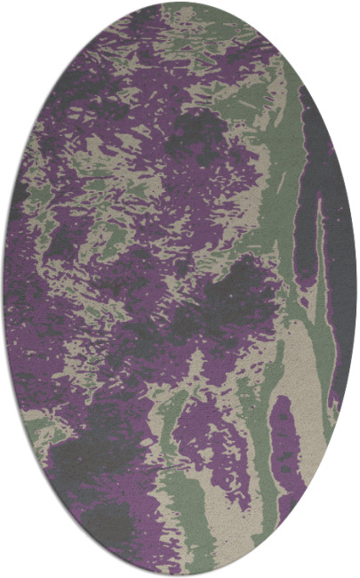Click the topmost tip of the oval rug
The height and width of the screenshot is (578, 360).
point(180,3)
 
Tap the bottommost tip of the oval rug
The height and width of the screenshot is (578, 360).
point(180,575)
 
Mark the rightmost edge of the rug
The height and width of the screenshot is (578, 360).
point(356,289)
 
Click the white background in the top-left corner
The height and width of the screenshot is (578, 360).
point(18,18)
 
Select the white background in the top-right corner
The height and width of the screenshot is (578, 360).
point(342,18)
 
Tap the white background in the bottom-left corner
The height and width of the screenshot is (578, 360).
point(18,560)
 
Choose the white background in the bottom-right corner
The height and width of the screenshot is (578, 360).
point(342,560)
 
